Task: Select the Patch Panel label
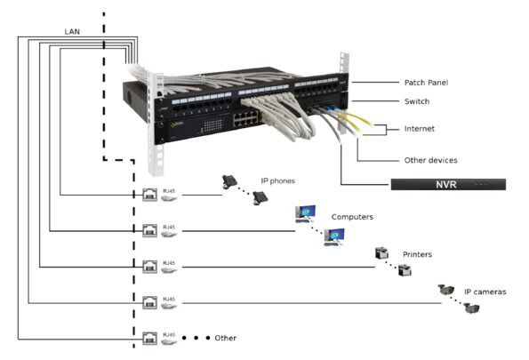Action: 426,82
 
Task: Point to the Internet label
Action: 420,129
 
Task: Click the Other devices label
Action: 430,161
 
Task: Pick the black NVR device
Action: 448,184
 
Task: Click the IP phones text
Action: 277,181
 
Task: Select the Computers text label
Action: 352,217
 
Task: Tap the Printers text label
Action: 416,254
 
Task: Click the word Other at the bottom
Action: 226,339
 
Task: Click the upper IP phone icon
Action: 229,181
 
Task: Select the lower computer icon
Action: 334,236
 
